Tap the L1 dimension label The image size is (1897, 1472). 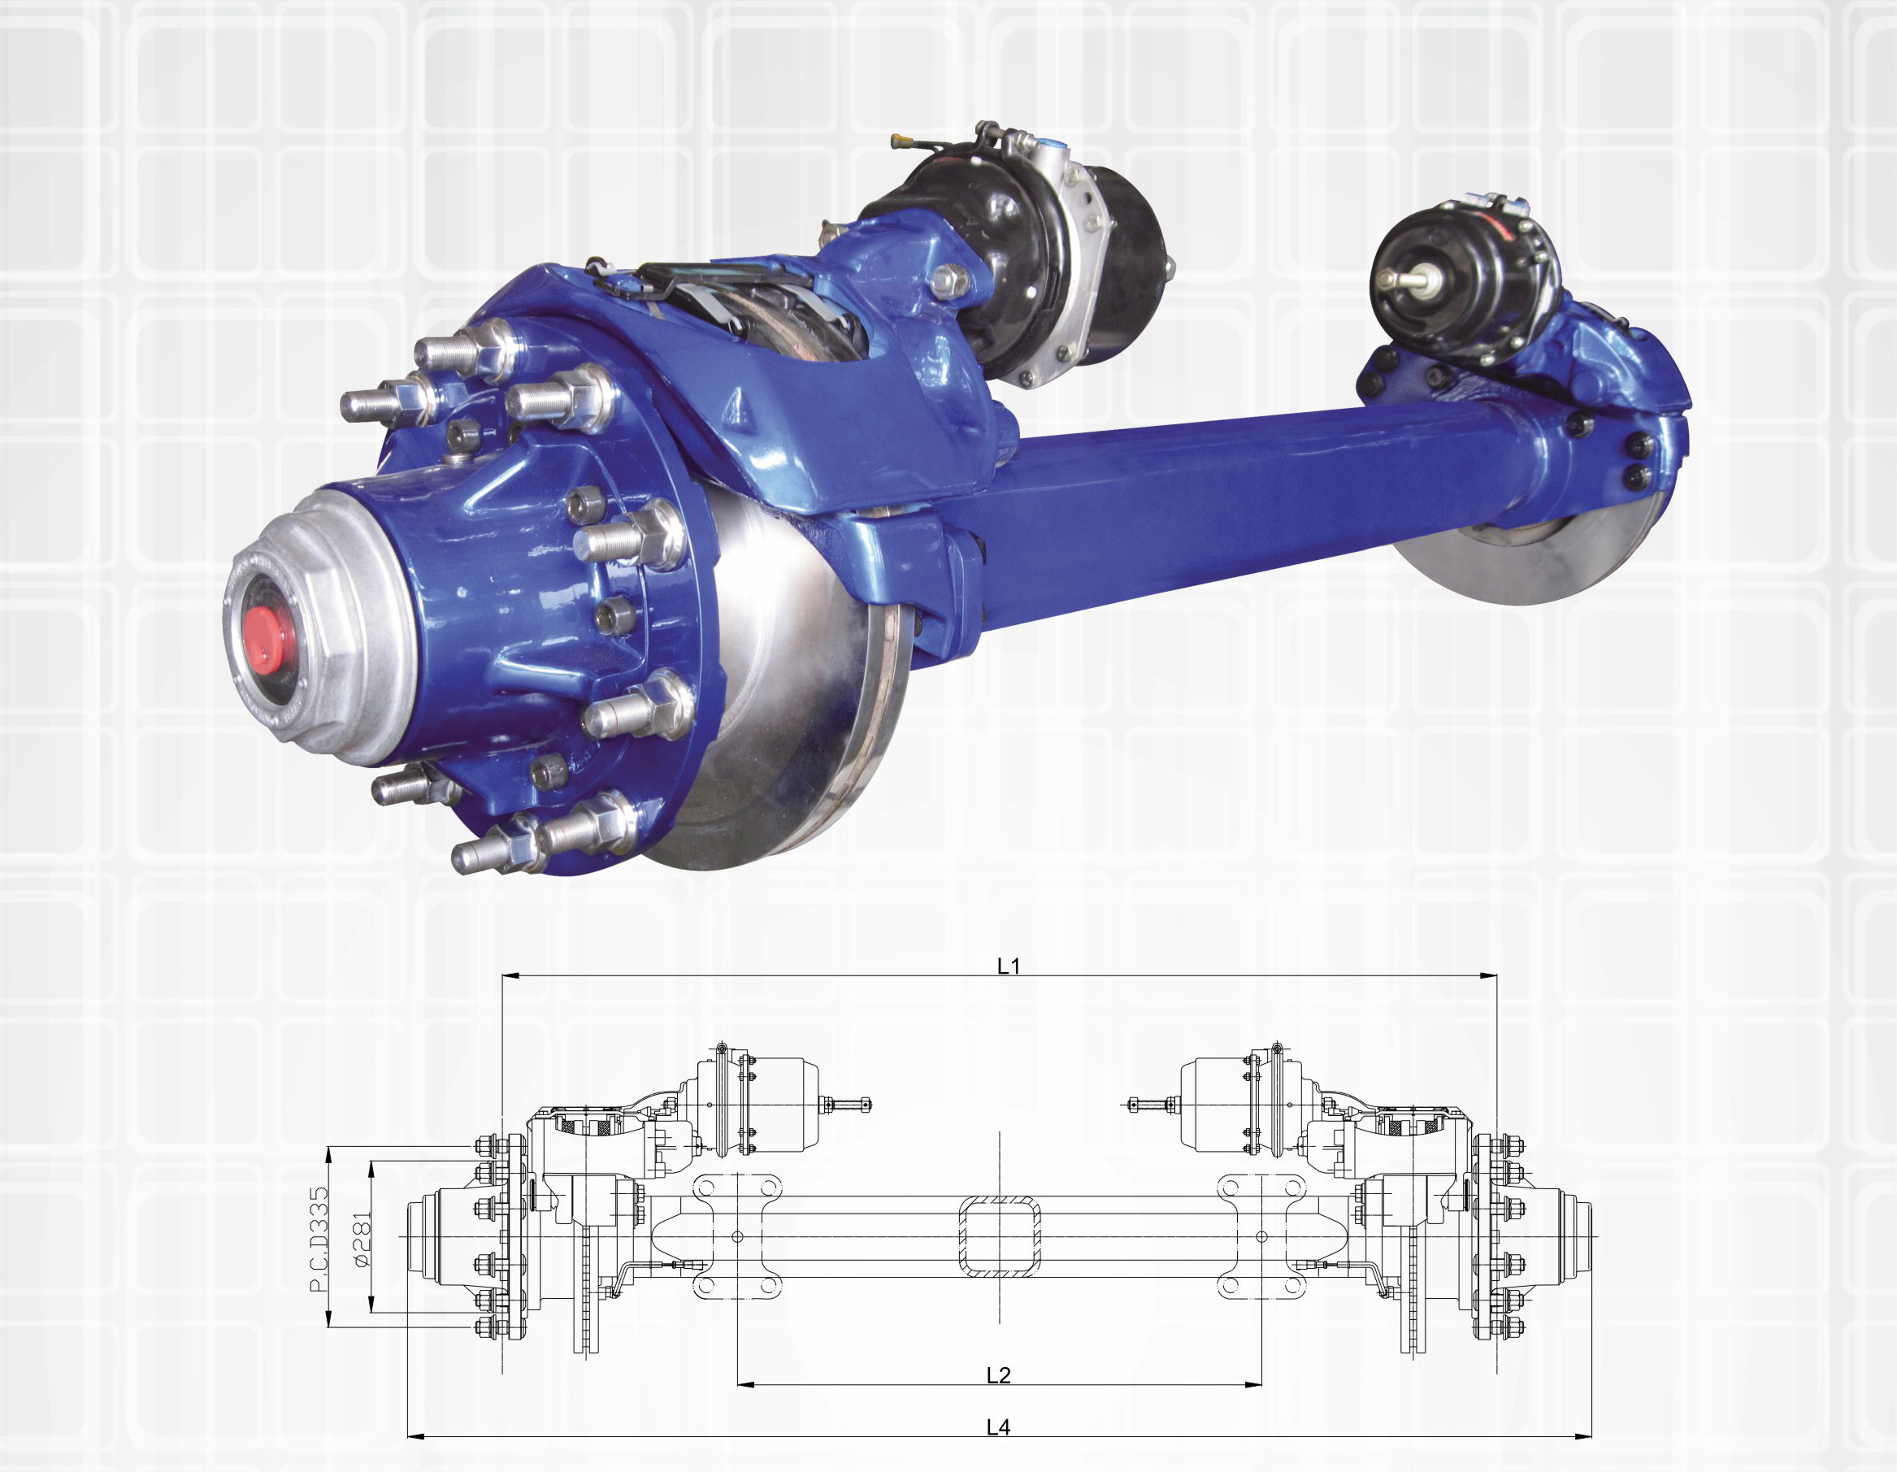pos(1008,966)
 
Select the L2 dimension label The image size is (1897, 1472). pos(999,1374)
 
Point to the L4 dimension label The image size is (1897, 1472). pos(999,1426)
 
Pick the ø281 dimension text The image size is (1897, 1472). pos(362,1240)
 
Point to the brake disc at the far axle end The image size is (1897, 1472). pos(1477,556)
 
